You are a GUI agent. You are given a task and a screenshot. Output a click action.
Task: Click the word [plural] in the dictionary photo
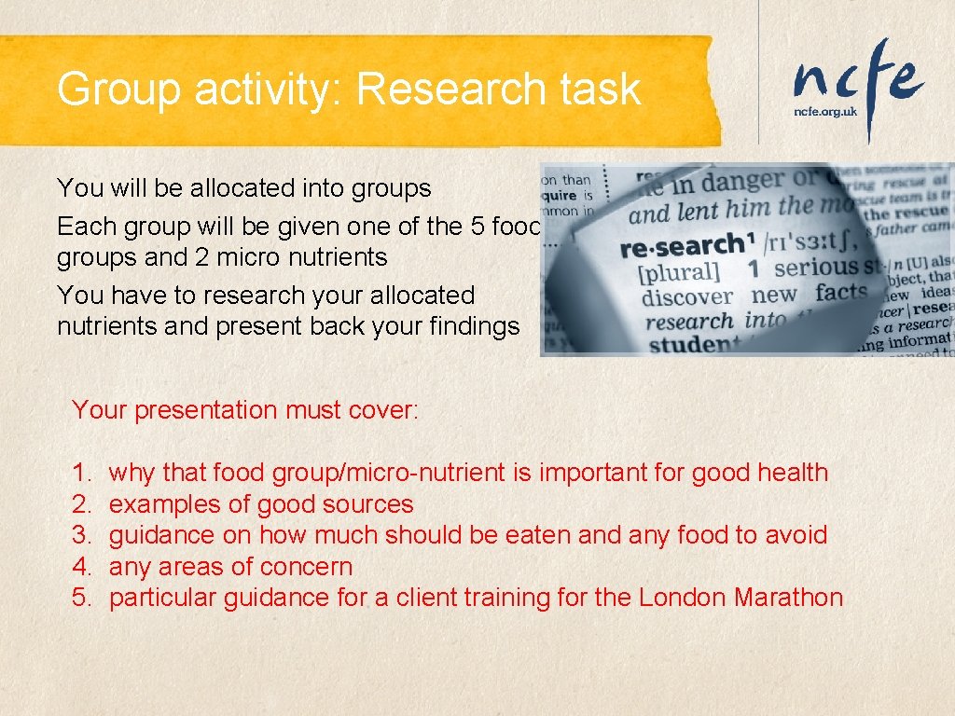[x=678, y=272]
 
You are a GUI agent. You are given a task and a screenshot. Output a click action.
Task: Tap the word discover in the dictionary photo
[x=687, y=297]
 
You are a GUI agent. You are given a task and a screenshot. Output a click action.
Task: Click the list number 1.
[x=79, y=473]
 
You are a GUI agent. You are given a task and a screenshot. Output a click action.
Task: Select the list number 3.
[x=80, y=535]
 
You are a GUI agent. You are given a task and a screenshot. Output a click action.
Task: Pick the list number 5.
[x=80, y=598]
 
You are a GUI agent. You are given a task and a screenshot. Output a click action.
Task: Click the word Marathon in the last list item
[x=789, y=598]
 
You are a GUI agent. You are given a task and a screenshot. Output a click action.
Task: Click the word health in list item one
[x=792, y=473]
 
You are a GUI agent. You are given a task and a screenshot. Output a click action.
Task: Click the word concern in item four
[x=308, y=567]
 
